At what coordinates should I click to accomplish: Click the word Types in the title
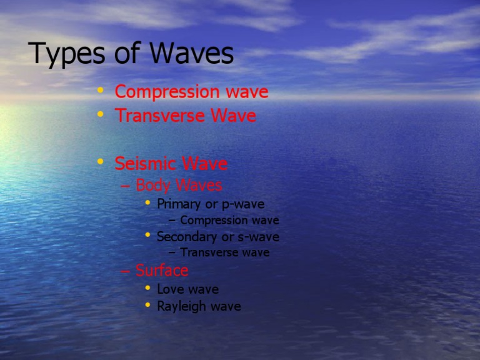(67, 55)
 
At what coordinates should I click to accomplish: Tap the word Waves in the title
(192, 55)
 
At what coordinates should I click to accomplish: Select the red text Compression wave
(191, 92)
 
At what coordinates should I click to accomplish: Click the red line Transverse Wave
(185, 116)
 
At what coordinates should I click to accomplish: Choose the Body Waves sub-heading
(178, 186)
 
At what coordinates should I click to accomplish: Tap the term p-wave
(243, 204)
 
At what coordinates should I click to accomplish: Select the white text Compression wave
(229, 221)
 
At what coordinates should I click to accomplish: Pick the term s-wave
(258, 237)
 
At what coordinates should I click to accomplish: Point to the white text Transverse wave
(224, 253)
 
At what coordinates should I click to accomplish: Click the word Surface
(162, 271)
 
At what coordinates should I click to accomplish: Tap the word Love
(171, 289)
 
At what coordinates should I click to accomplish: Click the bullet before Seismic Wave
(101, 162)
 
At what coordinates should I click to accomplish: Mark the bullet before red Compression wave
(101, 91)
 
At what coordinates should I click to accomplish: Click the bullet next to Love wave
(147, 288)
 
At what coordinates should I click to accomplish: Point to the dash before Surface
(124, 271)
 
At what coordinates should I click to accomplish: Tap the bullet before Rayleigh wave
(147, 306)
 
